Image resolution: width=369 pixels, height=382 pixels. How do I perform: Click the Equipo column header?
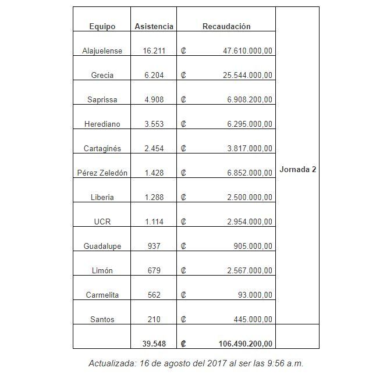102,27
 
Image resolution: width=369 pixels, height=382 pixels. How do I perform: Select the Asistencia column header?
154,27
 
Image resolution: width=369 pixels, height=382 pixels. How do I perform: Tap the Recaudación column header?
226,27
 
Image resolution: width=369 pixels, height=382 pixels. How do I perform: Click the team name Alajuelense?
102,51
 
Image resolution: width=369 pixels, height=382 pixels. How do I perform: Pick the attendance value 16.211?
154,51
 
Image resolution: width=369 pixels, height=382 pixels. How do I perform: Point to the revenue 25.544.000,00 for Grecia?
247,76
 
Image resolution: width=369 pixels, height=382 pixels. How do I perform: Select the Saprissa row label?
102,100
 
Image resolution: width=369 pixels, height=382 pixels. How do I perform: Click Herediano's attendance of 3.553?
154,124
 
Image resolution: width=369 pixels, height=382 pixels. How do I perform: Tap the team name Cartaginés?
102,149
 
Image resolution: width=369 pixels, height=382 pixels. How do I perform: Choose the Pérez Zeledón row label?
102,173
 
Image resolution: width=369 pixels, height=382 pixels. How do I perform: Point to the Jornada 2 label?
298,170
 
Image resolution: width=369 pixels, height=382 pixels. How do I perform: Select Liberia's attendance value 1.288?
154,198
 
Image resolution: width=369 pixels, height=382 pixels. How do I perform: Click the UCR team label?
102,222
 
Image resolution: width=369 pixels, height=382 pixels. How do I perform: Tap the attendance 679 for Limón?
154,271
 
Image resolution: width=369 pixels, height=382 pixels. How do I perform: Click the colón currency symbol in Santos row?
183,320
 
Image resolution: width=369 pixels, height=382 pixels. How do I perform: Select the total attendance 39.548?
154,344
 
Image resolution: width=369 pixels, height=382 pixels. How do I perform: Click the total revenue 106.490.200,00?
245,344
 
